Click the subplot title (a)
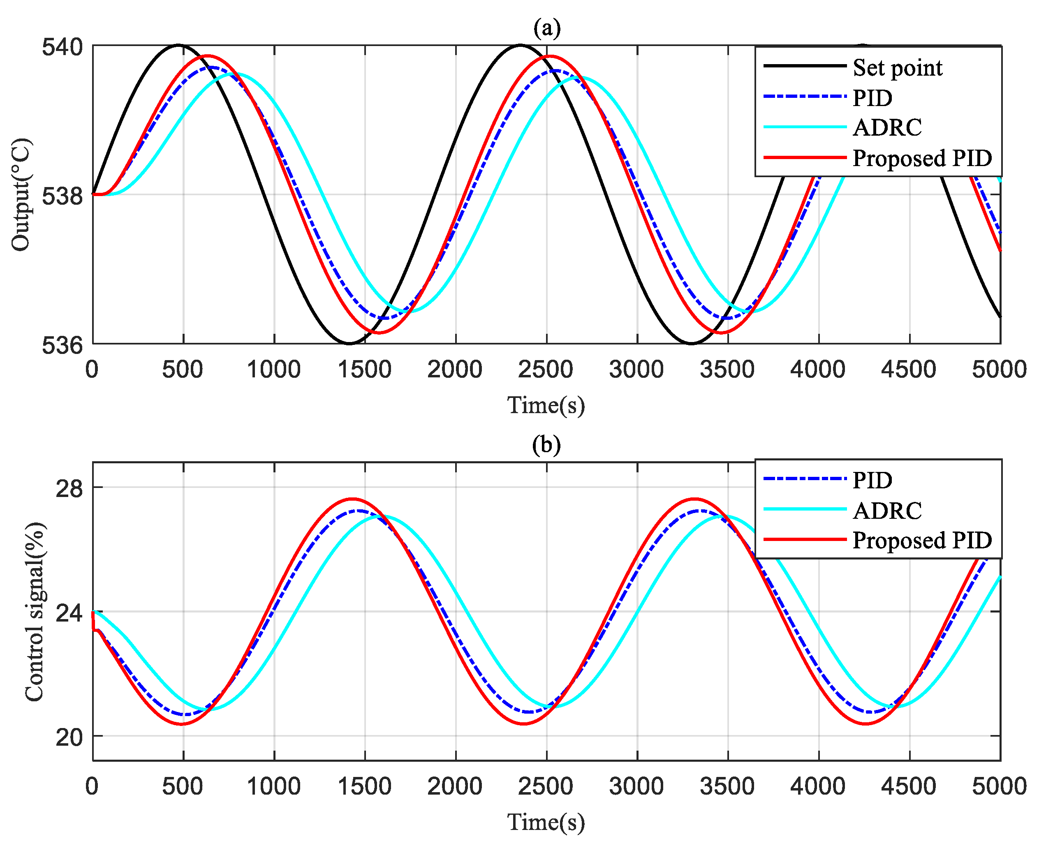coord(546,28)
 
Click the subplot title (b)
coord(546,445)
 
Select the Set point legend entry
coord(897,67)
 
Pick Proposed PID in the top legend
coord(922,158)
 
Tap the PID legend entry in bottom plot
coord(872,480)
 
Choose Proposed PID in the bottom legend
coord(922,540)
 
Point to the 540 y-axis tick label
coord(62,47)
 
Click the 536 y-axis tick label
coord(62,345)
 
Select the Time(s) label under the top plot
coord(546,405)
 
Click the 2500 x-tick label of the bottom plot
coord(546,786)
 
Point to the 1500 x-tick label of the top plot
coord(364,370)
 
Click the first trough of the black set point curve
coord(349,344)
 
